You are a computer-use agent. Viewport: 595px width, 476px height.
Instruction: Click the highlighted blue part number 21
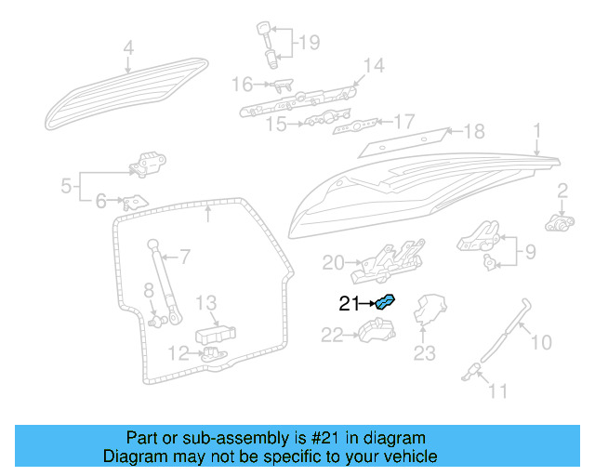point(385,301)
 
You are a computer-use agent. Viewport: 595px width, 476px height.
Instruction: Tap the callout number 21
point(349,303)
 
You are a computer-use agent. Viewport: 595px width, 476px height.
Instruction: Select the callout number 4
point(128,48)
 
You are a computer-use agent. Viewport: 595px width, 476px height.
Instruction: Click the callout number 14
point(373,65)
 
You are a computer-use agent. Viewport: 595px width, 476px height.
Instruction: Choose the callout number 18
point(474,131)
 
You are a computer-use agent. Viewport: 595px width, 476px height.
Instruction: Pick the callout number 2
point(562,192)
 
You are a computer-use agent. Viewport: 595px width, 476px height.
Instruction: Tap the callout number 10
point(541,343)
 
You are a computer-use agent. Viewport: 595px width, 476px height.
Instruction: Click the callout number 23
point(424,353)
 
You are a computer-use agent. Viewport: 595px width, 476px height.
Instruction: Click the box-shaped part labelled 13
point(215,335)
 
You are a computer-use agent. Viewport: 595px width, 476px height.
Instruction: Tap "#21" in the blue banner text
point(327,438)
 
